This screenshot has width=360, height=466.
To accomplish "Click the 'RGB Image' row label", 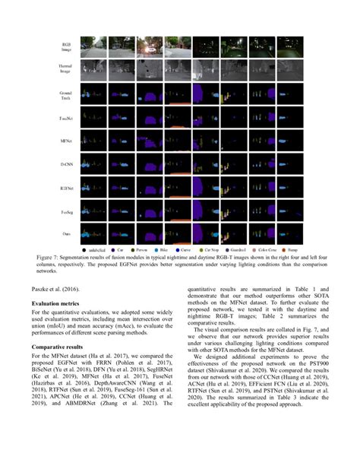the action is (66, 48).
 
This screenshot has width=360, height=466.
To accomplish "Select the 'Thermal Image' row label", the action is (66, 71).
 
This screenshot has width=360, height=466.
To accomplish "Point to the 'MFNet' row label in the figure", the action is (66, 141).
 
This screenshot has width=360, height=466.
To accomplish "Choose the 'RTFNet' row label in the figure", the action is (66, 185).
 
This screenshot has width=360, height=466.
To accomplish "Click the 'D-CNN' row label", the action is (66, 163).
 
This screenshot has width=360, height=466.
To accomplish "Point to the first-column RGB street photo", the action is (94, 48).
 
